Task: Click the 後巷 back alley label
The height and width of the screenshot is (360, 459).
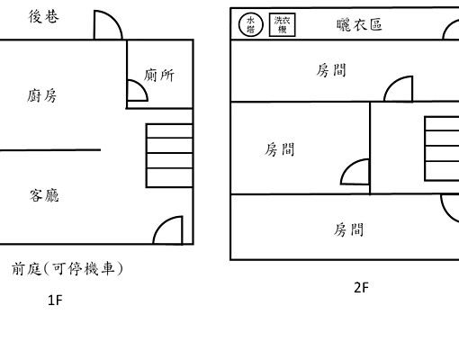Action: pos(45,17)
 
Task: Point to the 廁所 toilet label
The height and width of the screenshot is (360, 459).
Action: pos(158,76)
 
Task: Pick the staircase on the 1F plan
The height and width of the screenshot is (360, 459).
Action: pos(168,155)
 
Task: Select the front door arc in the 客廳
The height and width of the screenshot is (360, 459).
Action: pos(168,230)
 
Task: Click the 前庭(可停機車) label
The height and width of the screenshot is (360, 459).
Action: pos(67,268)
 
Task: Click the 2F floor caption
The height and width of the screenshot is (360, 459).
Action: pos(361,288)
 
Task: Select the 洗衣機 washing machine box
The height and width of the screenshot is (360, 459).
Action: pos(282,24)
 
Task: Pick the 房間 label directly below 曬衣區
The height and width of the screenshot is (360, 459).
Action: pos(332,70)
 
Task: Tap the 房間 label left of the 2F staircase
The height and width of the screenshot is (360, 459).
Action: pos(279,149)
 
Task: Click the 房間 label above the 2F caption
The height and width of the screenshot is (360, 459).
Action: pos(349,229)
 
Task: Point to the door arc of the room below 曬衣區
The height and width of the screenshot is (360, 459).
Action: pos(399,88)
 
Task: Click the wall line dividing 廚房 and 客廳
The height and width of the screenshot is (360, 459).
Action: pos(50,149)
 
